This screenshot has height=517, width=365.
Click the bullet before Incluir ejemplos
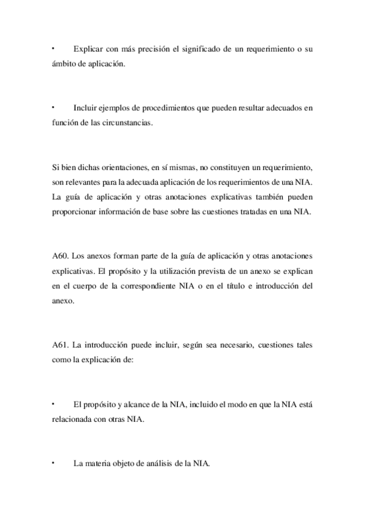coord(54,108)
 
